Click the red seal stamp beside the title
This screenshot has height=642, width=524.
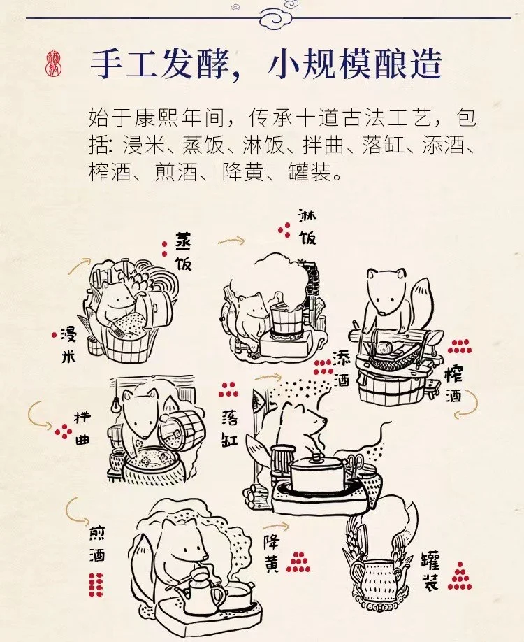53,64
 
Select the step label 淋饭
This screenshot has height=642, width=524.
307,226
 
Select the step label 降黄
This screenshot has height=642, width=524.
272,553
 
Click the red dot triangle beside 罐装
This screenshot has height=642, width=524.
460,576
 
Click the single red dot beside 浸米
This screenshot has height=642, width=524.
54,335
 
